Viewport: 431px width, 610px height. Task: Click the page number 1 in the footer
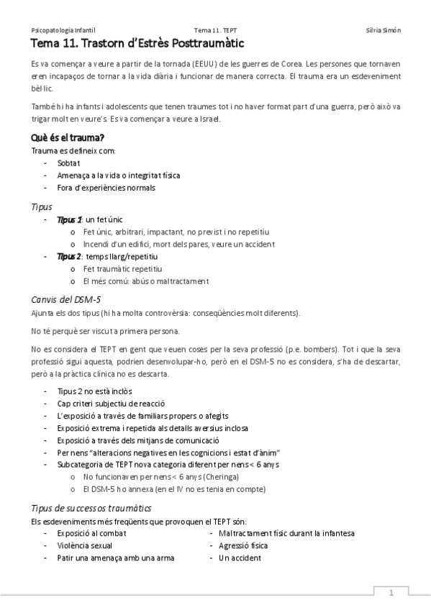pyautogui.click(x=391, y=593)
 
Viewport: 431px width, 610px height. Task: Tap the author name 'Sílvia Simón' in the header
pyautogui.click(x=384, y=31)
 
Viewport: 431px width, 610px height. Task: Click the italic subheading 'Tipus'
pyautogui.click(x=42, y=207)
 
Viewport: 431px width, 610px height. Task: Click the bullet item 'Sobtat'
pyautogui.click(x=69, y=163)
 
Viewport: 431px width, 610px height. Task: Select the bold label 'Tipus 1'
pyautogui.click(x=69, y=220)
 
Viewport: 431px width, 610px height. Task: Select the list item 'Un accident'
pyautogui.click(x=240, y=557)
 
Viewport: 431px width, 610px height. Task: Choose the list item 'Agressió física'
pyautogui.click(x=243, y=545)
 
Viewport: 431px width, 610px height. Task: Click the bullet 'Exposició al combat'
pyautogui.click(x=92, y=533)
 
